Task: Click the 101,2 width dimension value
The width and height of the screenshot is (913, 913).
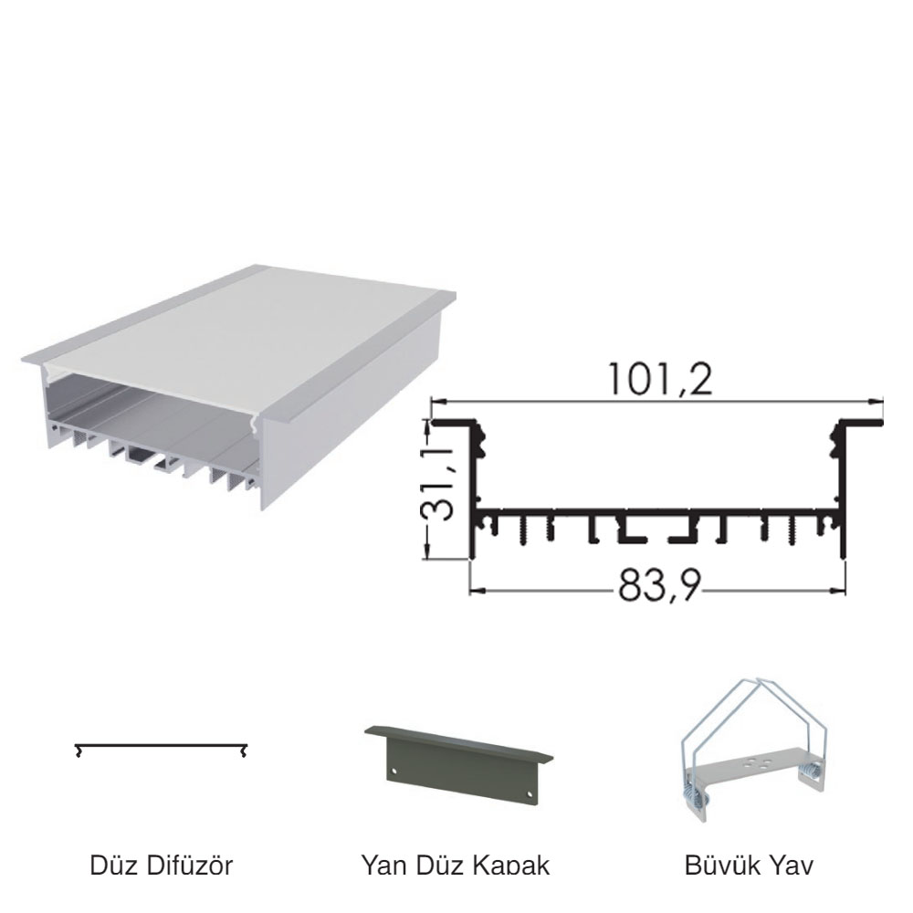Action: (660, 380)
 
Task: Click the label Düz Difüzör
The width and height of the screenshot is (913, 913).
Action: (162, 866)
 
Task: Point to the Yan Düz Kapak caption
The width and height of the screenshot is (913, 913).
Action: (456, 866)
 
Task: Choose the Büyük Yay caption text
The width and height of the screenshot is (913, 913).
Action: (749, 866)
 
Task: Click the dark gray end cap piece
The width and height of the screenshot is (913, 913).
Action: (459, 764)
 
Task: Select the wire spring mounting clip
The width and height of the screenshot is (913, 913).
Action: (755, 750)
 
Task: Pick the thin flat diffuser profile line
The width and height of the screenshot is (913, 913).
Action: (162, 746)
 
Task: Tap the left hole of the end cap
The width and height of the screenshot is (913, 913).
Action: (394, 771)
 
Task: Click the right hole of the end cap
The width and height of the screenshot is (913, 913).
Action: (530, 794)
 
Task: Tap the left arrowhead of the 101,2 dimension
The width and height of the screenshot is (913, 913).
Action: (438, 401)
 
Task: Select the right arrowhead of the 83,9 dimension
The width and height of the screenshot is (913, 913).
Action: (838, 591)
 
